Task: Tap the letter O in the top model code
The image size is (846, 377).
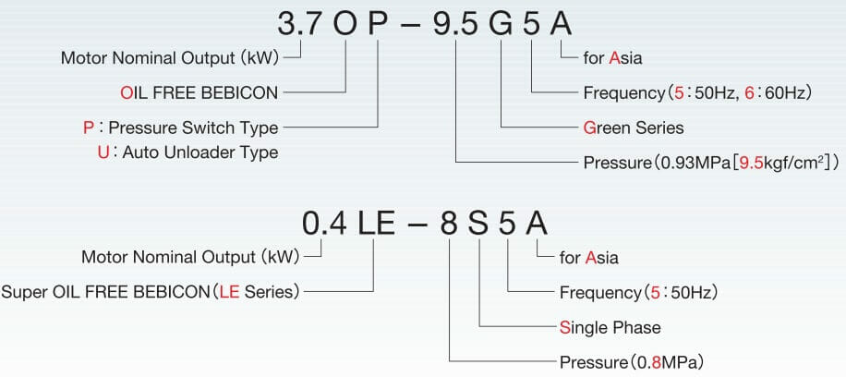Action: (x=345, y=24)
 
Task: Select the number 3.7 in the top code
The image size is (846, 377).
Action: (x=300, y=24)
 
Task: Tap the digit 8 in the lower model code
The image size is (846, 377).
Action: (x=450, y=223)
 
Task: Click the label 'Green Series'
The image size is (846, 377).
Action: (x=634, y=127)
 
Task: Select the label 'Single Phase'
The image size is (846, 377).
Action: (x=610, y=327)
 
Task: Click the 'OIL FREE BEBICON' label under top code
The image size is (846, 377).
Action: (x=199, y=92)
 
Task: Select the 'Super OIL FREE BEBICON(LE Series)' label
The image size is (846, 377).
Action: (x=151, y=292)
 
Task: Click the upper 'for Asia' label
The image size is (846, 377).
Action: (x=612, y=58)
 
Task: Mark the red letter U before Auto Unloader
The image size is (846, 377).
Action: (x=103, y=152)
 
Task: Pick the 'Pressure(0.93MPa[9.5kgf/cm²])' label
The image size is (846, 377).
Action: (x=710, y=163)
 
